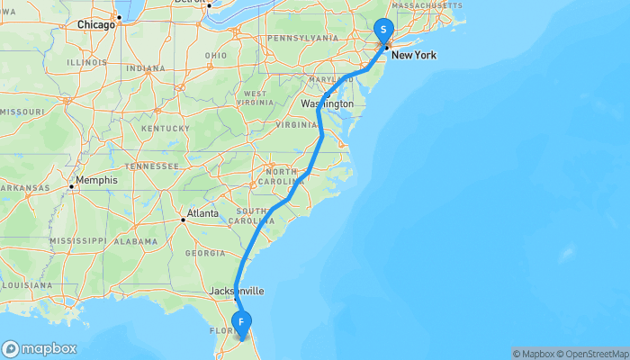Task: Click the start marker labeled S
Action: point(383,29)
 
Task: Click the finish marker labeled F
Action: point(241,322)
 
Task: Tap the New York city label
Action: point(413,55)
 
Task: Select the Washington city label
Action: point(328,104)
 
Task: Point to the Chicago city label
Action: point(96,24)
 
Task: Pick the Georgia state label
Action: point(204,253)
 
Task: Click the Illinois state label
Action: point(86,63)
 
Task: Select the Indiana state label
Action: point(146,68)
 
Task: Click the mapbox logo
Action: point(40,348)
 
